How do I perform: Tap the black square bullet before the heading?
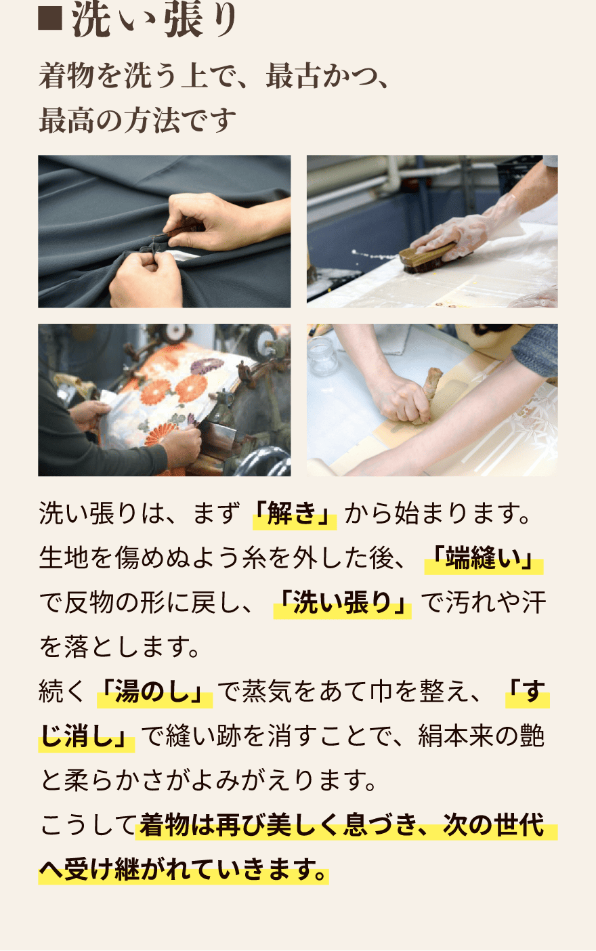point(49,21)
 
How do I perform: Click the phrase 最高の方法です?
point(137,121)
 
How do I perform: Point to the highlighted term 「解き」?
point(294,514)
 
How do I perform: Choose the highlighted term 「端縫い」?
point(483,559)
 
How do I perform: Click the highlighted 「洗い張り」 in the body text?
point(342,603)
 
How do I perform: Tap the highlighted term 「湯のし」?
point(154,692)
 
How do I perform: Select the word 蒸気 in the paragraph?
point(265,692)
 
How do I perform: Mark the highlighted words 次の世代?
point(494,826)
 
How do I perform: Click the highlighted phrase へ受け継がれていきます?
point(183,870)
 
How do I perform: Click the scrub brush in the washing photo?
point(423,259)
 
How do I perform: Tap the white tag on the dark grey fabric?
point(183,255)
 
